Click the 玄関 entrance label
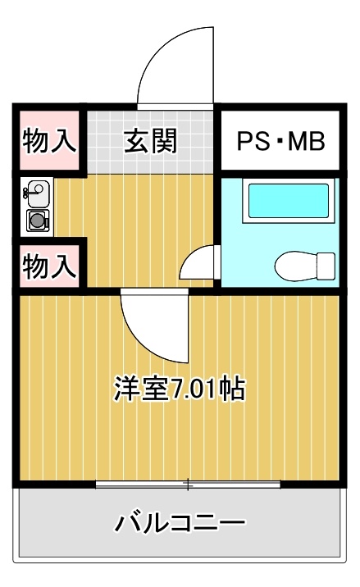150,141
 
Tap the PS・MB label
280,141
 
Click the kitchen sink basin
39,193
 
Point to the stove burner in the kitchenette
38,221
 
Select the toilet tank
326,266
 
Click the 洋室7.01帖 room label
180,389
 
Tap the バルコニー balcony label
180,522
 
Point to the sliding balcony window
188,485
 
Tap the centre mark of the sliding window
188,485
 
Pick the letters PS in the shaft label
253,141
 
